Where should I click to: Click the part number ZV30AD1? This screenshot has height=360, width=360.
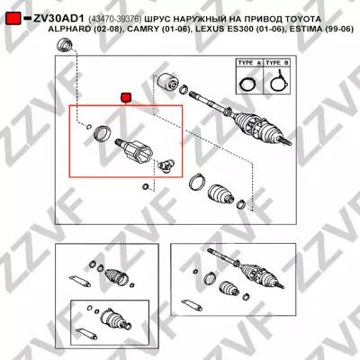(58, 19)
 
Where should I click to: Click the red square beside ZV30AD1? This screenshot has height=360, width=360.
(13, 19)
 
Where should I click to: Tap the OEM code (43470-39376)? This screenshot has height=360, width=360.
(115, 19)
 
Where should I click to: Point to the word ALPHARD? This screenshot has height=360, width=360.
(69, 29)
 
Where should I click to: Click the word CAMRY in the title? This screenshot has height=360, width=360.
(142, 29)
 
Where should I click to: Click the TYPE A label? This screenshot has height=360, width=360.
(249, 63)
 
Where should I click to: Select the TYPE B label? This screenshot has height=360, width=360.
(277, 63)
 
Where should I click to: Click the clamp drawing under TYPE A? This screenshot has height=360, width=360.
(247, 83)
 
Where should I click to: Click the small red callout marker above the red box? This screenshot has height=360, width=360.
(125, 98)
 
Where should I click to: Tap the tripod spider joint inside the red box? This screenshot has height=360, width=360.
(166, 166)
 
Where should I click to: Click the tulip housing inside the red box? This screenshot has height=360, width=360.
(134, 151)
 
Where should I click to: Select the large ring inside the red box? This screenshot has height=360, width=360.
(102, 133)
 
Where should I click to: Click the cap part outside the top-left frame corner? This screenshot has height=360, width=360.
(64, 45)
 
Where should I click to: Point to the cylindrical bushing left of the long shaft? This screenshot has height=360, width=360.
(168, 81)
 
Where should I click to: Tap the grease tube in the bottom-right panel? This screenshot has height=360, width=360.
(192, 304)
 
